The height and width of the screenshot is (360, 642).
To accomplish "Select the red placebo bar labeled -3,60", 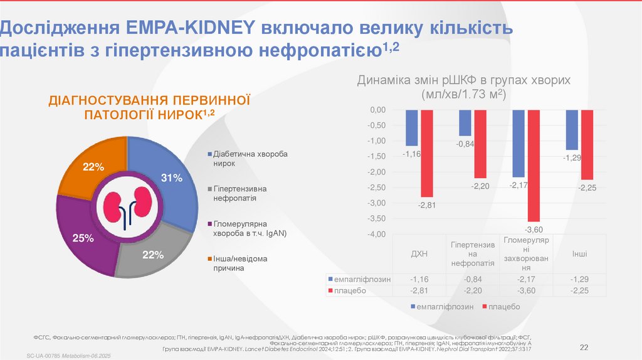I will (x=533, y=166).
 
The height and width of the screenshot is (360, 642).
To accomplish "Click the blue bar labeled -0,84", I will (x=465, y=123).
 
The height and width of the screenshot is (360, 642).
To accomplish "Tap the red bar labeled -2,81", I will (x=426, y=153).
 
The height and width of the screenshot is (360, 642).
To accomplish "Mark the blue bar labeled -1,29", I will (x=572, y=130).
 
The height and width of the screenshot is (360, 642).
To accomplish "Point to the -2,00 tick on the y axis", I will (x=377, y=172).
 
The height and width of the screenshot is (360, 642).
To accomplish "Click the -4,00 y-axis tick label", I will (x=377, y=234).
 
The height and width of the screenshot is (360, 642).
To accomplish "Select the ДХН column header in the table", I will (x=419, y=253).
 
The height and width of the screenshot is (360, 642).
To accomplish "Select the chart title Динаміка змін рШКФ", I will (x=463, y=81).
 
